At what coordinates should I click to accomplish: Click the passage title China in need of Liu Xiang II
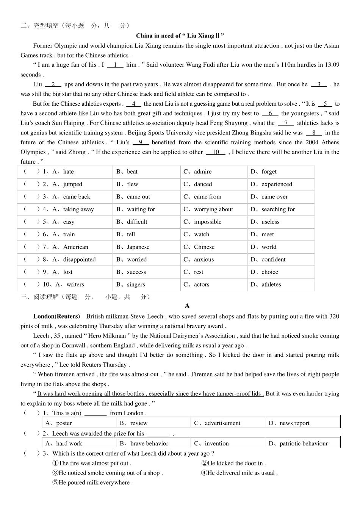pos(180,36)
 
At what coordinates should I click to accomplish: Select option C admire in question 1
pos(198,172)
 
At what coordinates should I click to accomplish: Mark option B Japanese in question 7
pos(133,247)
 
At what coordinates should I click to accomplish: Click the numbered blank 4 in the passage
pos(134,104)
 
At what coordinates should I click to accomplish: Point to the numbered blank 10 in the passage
pos(216,152)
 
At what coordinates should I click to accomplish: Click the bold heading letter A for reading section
pos(187,306)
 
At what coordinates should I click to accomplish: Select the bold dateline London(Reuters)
pos(56,316)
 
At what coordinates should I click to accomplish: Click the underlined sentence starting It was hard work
pos(150,393)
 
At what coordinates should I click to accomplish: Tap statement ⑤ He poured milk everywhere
pos(92,482)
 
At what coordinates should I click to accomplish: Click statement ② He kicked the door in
pos(233,463)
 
